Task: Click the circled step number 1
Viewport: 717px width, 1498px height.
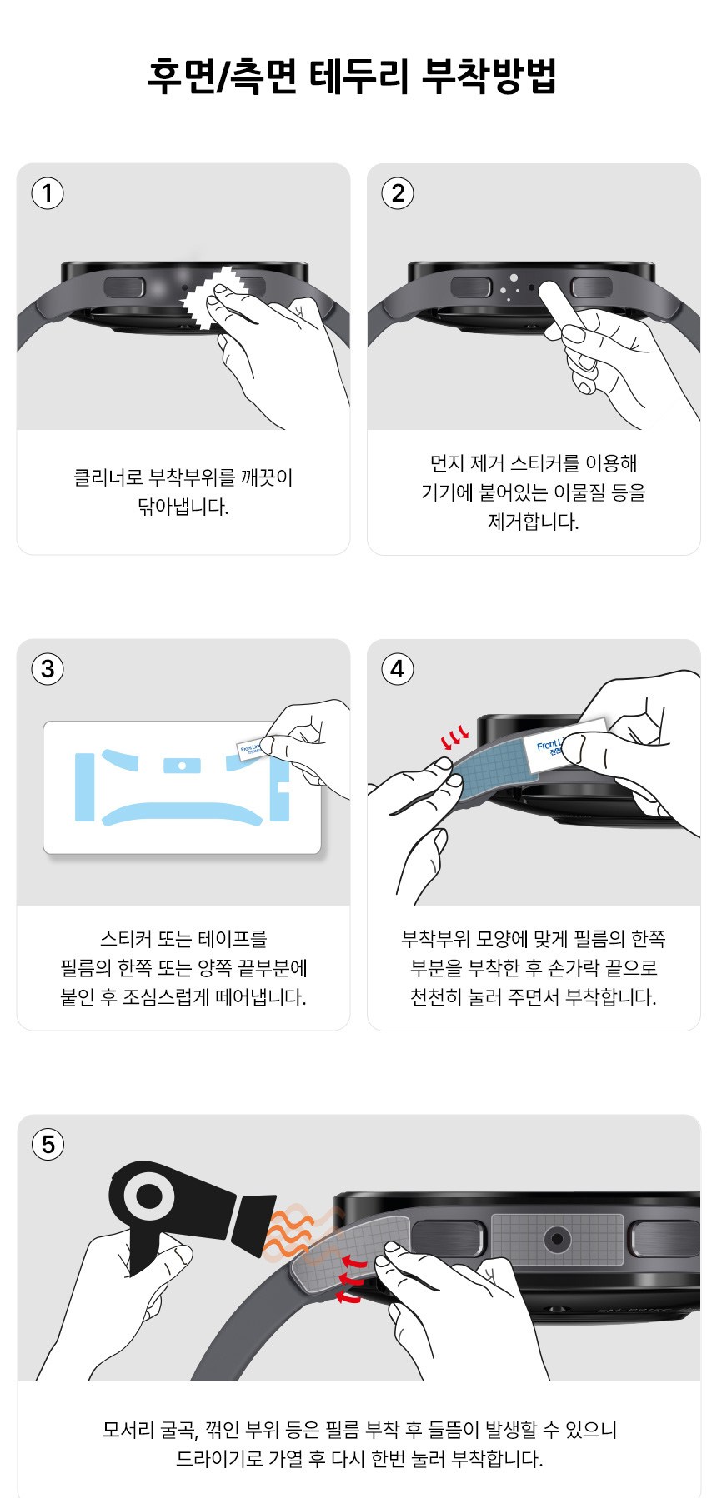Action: pyautogui.click(x=48, y=193)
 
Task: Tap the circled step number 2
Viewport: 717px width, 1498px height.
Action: pyautogui.click(x=398, y=193)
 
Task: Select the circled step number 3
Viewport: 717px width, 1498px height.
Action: pyautogui.click(x=48, y=669)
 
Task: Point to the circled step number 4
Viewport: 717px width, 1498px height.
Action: pyautogui.click(x=398, y=669)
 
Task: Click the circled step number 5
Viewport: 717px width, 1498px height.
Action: pyautogui.click(x=48, y=1144)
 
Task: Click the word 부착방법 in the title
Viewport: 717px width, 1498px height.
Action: pyautogui.click(x=489, y=76)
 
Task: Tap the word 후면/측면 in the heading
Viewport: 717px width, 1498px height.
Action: pyautogui.click(x=223, y=76)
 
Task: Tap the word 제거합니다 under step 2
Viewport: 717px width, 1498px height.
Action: pyautogui.click(x=533, y=522)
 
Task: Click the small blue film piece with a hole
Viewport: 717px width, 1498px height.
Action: pyautogui.click(x=182, y=764)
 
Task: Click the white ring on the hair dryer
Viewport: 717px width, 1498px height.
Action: pyautogui.click(x=149, y=1197)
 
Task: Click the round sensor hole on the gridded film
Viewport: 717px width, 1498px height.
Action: pyautogui.click(x=556, y=1240)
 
